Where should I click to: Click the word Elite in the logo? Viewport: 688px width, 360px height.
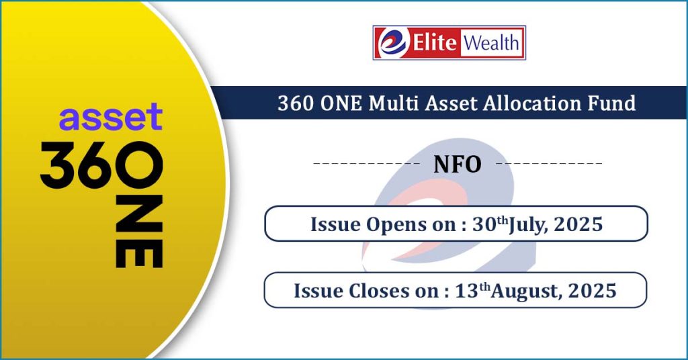(x=435, y=42)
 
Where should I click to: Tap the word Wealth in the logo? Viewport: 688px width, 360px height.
(x=491, y=43)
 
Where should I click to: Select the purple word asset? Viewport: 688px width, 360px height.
(x=111, y=117)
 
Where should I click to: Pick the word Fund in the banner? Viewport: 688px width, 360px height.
(x=612, y=103)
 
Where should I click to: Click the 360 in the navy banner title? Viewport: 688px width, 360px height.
(x=296, y=103)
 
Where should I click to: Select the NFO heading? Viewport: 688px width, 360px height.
(x=457, y=165)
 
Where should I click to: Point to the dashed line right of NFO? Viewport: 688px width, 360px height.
(x=549, y=164)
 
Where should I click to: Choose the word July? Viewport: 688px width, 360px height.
(x=528, y=226)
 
